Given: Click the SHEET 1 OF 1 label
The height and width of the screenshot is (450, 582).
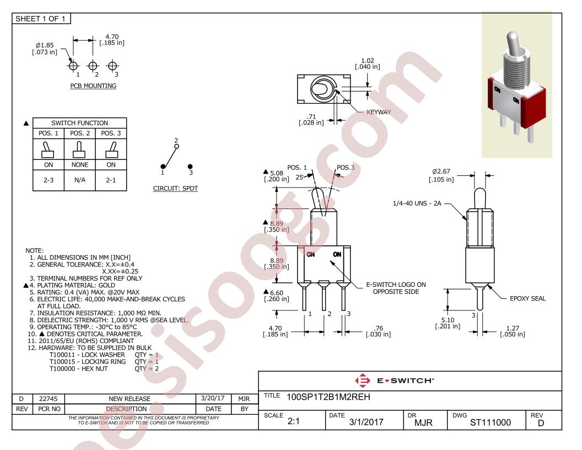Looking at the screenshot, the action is click(x=40, y=19).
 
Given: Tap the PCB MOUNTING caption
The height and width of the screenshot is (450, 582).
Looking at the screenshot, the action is click(x=93, y=86).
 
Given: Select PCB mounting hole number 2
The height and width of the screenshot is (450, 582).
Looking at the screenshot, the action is click(x=93, y=66).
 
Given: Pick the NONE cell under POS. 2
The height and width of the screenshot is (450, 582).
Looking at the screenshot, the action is click(x=80, y=164).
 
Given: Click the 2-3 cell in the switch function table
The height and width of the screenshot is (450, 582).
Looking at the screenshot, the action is click(x=48, y=180).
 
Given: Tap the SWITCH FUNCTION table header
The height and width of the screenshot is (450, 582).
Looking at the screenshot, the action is click(x=80, y=123).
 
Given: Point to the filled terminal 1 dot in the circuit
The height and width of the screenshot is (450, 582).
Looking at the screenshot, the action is click(x=163, y=167).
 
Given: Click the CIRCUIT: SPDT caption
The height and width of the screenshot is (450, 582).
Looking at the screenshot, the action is click(x=175, y=188).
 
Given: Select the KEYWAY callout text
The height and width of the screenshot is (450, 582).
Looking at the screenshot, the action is click(x=379, y=112).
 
